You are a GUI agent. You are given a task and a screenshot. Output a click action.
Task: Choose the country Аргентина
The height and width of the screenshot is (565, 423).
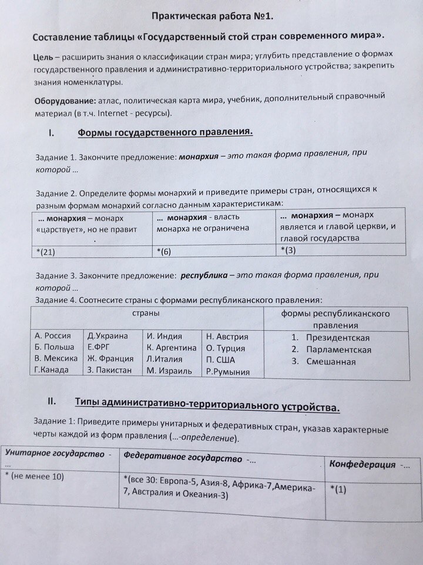(x=174, y=347)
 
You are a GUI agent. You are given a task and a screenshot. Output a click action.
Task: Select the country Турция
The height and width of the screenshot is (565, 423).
(x=231, y=348)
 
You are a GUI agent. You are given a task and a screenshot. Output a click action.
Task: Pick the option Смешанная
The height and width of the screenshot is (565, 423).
(x=331, y=361)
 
